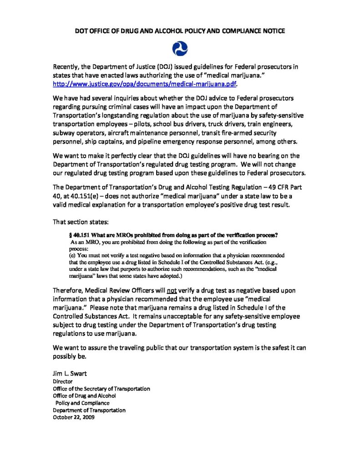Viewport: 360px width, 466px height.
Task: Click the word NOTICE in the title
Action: [x=269, y=31]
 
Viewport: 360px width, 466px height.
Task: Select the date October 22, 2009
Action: [x=74, y=417]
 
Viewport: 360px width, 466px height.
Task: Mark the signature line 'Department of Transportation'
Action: [x=89, y=410]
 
